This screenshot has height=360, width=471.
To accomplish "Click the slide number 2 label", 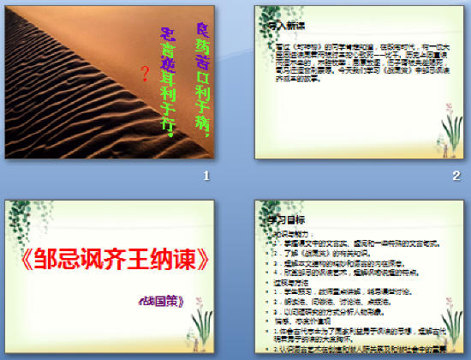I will pos(456,176).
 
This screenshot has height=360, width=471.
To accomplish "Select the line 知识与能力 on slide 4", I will pos(291,233).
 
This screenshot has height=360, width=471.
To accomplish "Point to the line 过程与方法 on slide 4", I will pos(291,281).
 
